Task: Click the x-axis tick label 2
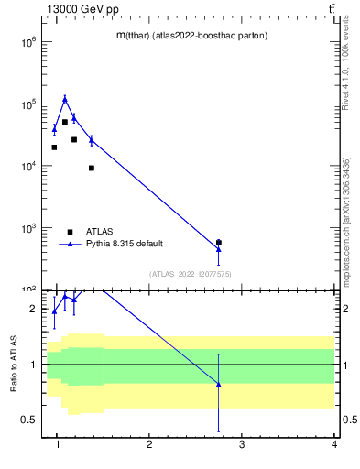149,445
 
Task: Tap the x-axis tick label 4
334,445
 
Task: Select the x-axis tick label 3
242,445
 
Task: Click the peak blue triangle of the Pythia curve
64,99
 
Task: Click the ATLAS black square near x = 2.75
218,243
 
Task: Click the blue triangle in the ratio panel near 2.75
218,384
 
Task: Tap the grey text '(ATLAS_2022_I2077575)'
191,273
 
